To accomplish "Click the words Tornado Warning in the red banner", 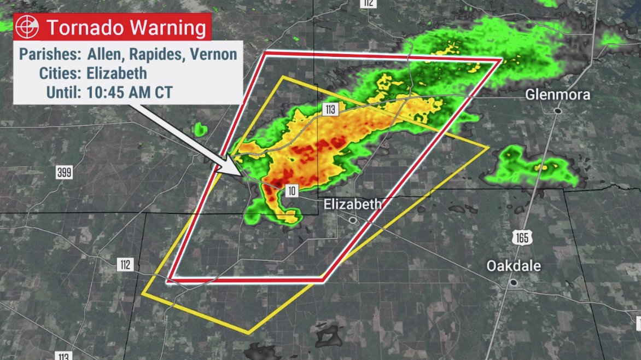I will tap(126, 27).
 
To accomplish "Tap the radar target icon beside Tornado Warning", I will tap(27, 27).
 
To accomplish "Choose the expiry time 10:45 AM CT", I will tap(129, 91).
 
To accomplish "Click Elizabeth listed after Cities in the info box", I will tap(116, 73).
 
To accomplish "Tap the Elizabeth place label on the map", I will tap(352, 204).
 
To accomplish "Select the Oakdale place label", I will tap(514, 266).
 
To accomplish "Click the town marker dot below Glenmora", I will tap(557, 111).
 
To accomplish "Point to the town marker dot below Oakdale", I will tap(513, 282).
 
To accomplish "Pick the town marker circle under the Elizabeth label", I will tap(353, 220).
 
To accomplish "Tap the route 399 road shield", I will tap(64, 172).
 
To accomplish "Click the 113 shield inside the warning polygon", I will tap(330, 110).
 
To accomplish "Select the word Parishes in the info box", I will tap(50, 54).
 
